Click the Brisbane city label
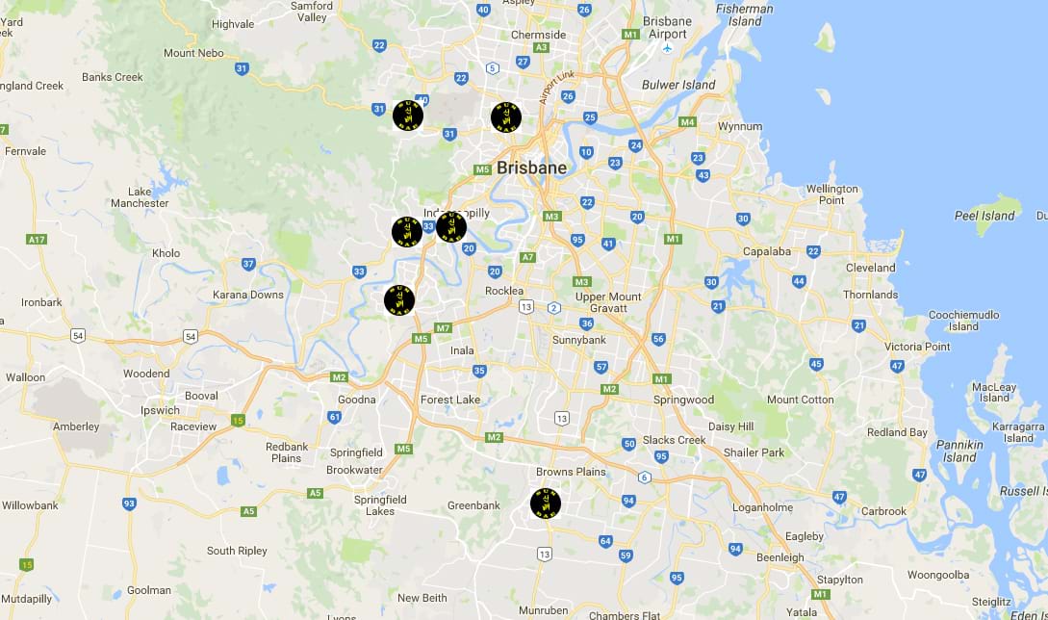[x=531, y=168]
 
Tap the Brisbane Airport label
[x=668, y=28]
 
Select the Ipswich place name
[x=160, y=410]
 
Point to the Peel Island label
[x=984, y=216]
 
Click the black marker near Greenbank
[x=546, y=504]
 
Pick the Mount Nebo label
[x=193, y=53]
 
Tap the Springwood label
[x=683, y=400]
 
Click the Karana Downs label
[x=248, y=295]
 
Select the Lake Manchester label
[x=140, y=197]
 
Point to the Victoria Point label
[x=917, y=347]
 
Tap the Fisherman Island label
[x=745, y=14]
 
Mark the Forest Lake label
[x=450, y=400]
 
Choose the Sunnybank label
[x=579, y=340]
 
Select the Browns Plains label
[x=571, y=472]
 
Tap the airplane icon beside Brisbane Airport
[x=668, y=47]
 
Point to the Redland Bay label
[x=897, y=432]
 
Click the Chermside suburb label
[x=539, y=35]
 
